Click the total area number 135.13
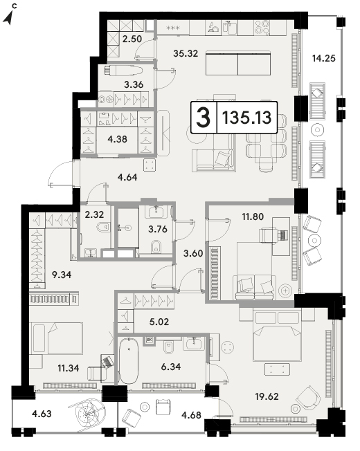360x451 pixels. click(247, 118)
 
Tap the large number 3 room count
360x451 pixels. click(204, 118)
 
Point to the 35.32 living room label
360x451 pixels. click(186, 53)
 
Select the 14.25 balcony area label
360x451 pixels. click(324, 58)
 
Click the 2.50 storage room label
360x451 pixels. click(132, 39)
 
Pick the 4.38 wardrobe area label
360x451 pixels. click(117, 139)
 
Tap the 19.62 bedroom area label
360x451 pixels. click(267, 396)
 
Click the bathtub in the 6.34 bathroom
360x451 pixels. click(129, 360)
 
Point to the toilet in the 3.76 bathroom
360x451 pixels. click(156, 246)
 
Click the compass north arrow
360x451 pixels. click(8, 18)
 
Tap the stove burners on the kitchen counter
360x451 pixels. click(262, 28)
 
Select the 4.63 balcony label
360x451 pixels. click(42, 414)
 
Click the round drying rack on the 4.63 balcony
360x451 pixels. click(87, 414)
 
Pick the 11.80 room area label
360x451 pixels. click(253, 217)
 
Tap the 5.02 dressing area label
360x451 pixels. click(159, 322)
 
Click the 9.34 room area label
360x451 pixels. click(62, 275)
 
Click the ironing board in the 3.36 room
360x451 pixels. click(123, 71)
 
